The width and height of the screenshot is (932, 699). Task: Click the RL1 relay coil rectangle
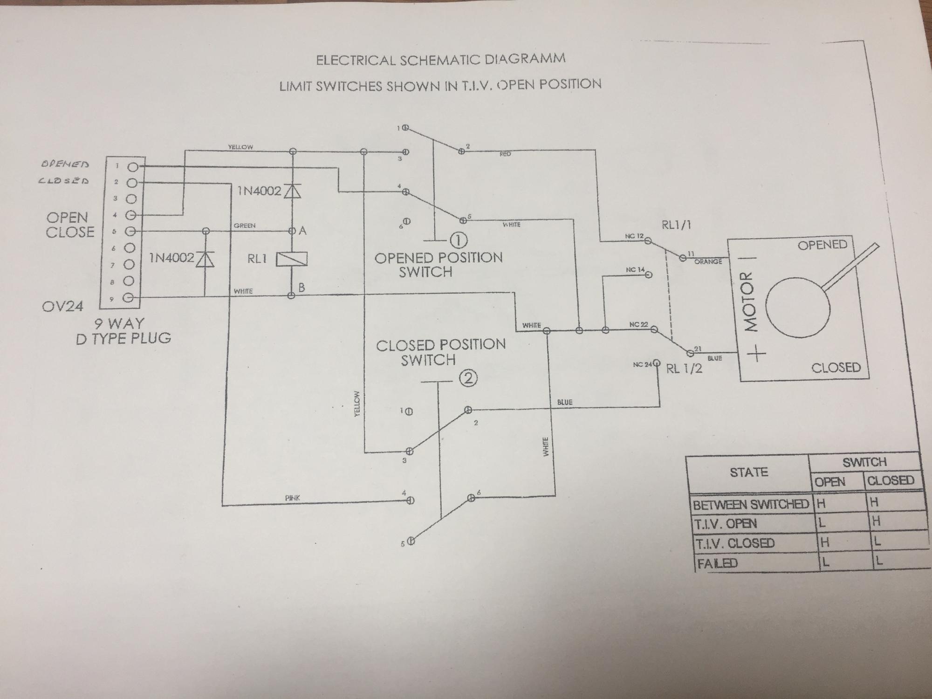pos(292,259)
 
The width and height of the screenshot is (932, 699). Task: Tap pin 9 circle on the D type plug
pos(131,298)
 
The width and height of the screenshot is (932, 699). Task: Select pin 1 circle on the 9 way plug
pos(133,167)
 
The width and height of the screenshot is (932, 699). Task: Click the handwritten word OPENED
pos(65,164)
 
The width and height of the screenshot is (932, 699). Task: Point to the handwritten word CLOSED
pos(64,181)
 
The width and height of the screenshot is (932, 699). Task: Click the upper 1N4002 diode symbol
pos(292,191)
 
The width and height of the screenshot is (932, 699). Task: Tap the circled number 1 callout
pos(459,240)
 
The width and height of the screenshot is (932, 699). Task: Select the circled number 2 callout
pos(468,378)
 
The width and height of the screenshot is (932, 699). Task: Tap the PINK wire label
pos(292,498)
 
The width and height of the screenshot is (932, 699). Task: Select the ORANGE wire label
pos(708,262)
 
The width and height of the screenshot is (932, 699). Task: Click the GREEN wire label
pos(245,226)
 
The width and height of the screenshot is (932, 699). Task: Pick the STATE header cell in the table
pos(748,473)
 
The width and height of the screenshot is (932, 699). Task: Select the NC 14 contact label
pos(635,270)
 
